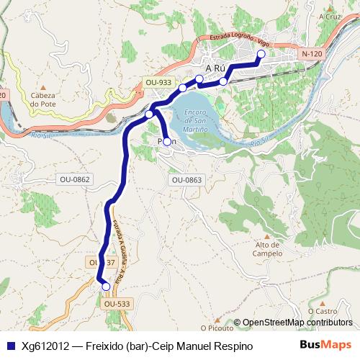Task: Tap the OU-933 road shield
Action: tap(158, 82)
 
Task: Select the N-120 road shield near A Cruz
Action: tap(312, 54)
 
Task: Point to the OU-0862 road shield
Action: tap(75, 179)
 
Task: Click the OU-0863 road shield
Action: tap(186, 180)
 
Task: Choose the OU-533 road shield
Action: tap(117, 304)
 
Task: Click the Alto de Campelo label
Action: tap(267, 249)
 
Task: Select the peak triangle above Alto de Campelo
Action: tap(267, 236)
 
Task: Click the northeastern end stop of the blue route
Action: tap(261, 54)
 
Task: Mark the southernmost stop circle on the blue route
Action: tap(106, 287)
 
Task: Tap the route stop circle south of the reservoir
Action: tap(167, 142)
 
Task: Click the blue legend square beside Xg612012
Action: tap(10, 346)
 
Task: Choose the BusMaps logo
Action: tap(326, 346)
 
